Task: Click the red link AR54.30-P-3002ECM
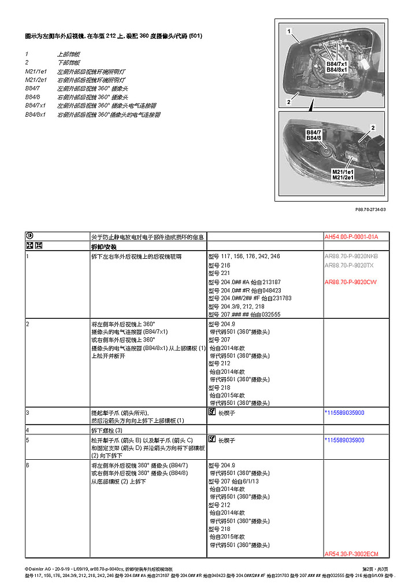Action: coord(351,553)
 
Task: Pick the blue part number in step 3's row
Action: coord(352,413)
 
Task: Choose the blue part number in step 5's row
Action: coord(352,440)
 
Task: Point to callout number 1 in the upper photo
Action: coord(288,29)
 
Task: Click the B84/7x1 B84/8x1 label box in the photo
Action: coord(336,66)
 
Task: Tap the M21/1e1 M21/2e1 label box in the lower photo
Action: coord(343,174)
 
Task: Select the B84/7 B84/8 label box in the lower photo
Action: coord(314,135)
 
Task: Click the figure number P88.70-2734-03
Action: coord(371,210)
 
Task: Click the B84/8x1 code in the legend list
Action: coord(35,114)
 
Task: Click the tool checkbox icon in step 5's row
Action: coord(211,440)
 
